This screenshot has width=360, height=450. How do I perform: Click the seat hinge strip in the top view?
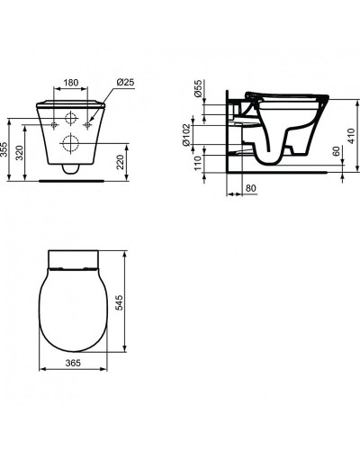click(70, 265)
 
